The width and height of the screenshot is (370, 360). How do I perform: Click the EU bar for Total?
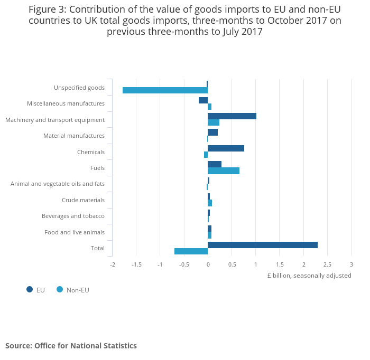click(x=263, y=245)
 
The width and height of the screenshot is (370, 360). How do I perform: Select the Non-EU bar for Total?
click(x=191, y=251)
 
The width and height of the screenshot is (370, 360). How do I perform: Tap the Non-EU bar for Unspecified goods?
click(x=165, y=90)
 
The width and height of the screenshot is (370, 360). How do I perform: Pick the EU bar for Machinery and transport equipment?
click(x=232, y=116)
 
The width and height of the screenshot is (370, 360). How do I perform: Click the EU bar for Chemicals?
click(x=226, y=148)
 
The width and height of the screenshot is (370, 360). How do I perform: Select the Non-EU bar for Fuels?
click(x=224, y=170)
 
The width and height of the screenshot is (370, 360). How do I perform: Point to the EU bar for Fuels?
click(x=215, y=164)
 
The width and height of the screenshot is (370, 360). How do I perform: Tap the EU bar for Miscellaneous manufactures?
click(x=203, y=100)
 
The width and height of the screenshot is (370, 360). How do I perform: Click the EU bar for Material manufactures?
click(x=212, y=132)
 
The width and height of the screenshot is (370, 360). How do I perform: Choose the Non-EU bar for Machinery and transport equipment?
click(x=214, y=122)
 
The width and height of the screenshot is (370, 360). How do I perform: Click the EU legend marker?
click(x=30, y=289)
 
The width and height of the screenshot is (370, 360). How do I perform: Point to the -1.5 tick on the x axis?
click(x=136, y=264)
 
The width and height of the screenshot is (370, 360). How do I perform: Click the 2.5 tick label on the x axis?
click(x=327, y=264)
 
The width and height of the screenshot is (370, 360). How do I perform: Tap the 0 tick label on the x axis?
click(x=208, y=264)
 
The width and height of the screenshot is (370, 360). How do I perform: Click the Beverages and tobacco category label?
click(x=73, y=216)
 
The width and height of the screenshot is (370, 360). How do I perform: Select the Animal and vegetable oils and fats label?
click(x=58, y=184)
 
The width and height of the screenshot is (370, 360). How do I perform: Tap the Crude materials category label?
click(x=83, y=200)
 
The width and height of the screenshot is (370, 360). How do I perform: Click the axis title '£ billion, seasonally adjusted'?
click(x=309, y=276)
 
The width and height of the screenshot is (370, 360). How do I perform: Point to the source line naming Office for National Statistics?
click(x=71, y=346)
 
